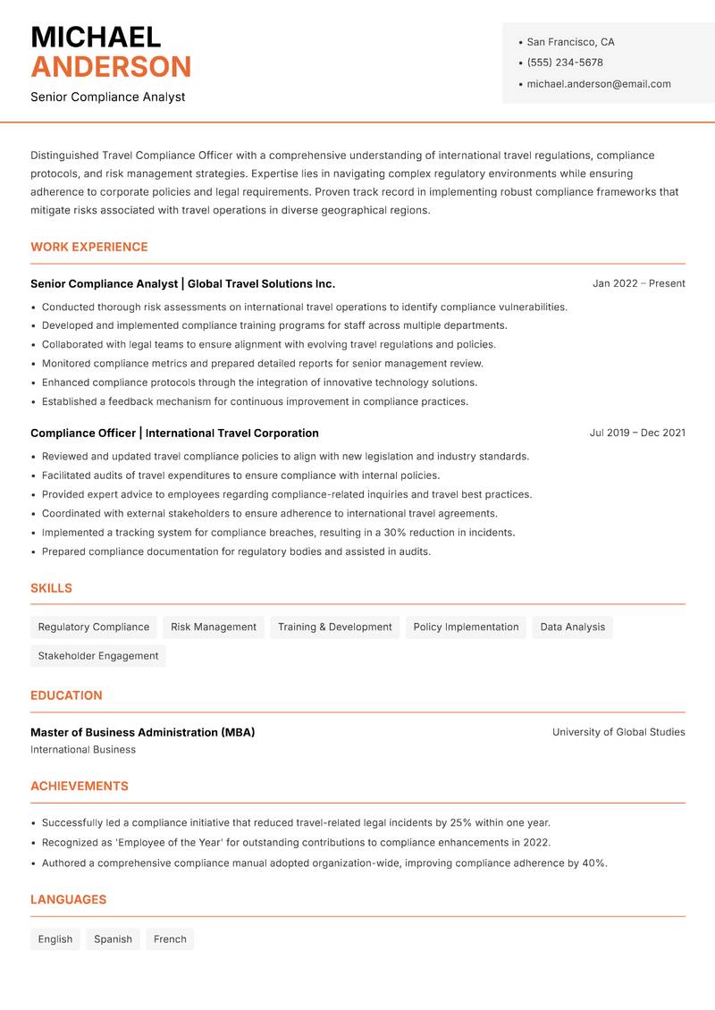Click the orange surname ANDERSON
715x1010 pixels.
[111, 67]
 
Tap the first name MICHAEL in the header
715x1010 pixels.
[96, 37]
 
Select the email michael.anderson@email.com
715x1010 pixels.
[598, 84]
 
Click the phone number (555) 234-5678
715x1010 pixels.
[564, 63]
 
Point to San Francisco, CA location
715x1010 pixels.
[570, 42]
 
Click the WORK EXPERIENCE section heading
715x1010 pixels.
[89, 247]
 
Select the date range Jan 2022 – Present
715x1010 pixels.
[638, 283]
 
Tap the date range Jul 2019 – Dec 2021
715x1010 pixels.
[637, 433]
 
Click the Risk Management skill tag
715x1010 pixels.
[214, 627]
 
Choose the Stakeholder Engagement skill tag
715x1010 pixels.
[98, 655]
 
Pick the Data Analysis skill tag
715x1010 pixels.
[572, 627]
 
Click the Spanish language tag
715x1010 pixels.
[113, 938]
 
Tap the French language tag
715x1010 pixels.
[170, 938]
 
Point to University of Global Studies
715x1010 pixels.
[618, 732]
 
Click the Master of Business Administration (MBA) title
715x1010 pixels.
[143, 732]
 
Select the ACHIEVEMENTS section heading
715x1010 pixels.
[80, 786]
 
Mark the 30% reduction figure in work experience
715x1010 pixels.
[396, 533]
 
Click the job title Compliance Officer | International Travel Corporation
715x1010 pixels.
[174, 433]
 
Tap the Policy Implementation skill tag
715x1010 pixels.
[466, 627]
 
